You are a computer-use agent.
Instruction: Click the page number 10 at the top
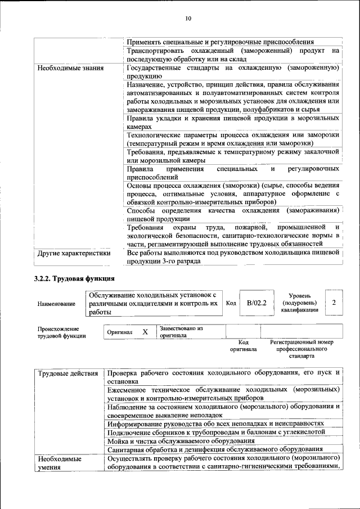tap(188, 19)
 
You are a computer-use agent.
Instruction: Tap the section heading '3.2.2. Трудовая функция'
tap(75, 278)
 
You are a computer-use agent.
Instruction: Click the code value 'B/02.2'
tap(256, 303)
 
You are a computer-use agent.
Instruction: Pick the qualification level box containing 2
tap(334, 303)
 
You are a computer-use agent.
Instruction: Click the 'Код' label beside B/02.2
tap(231, 303)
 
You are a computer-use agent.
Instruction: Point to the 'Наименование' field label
tap(56, 304)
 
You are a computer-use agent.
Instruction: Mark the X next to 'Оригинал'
tap(145, 332)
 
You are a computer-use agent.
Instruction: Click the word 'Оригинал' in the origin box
tap(120, 332)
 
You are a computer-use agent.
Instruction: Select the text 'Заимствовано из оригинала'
tap(181, 331)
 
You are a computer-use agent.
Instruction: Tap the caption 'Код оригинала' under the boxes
tap(243, 345)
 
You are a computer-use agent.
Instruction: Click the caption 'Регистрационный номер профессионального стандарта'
tap(301, 349)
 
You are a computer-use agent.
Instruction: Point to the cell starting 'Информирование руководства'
tap(216, 422)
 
